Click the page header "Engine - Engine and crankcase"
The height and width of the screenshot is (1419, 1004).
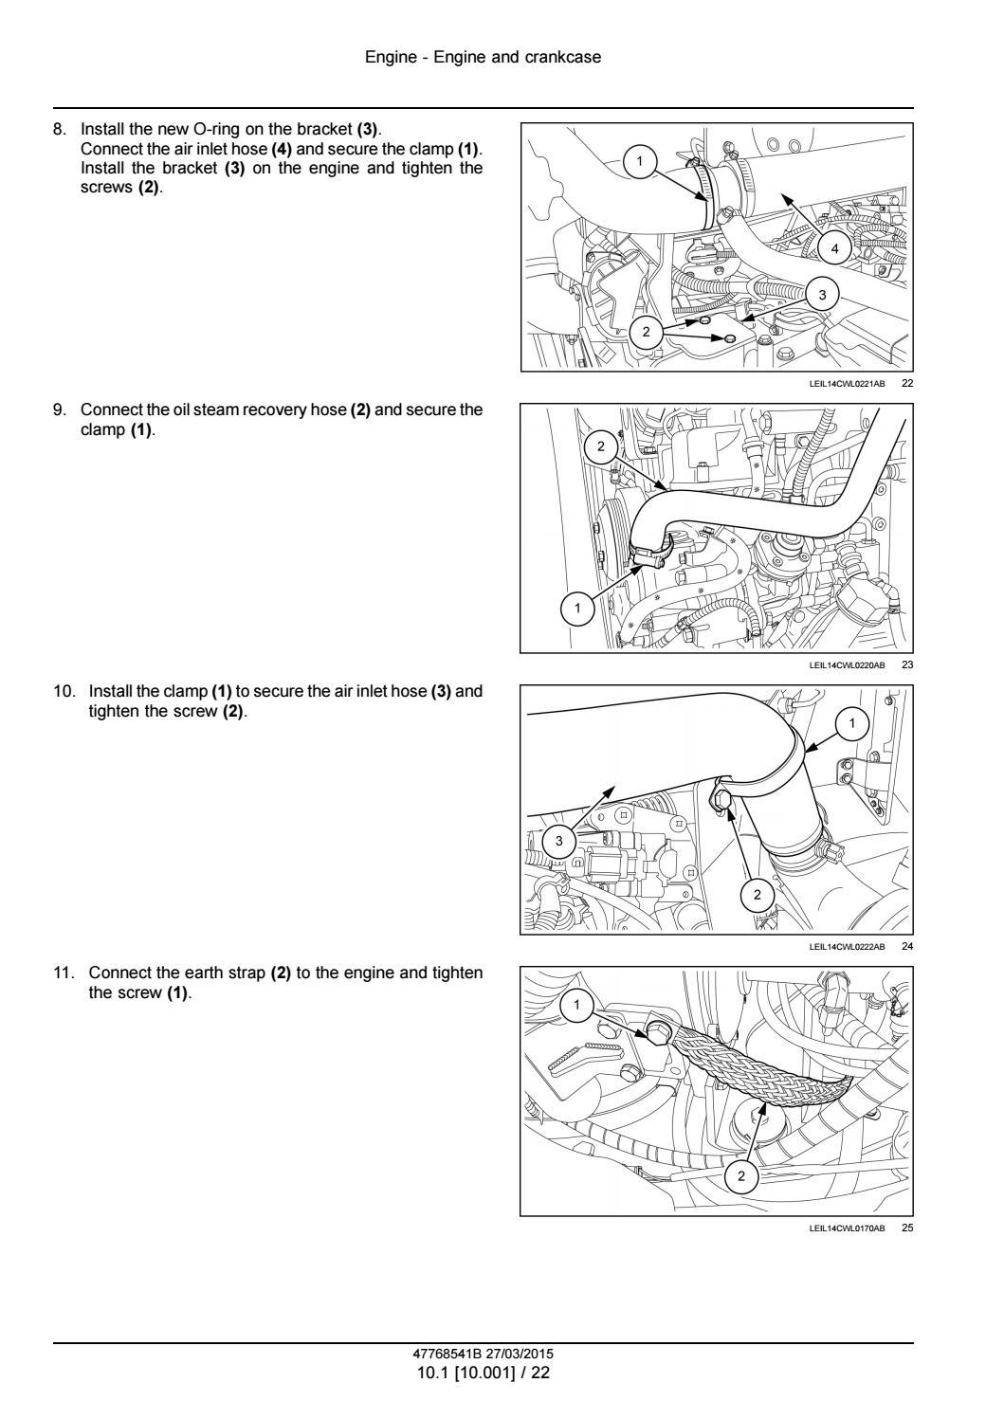coord(483,58)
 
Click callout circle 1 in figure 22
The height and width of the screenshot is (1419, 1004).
coord(639,162)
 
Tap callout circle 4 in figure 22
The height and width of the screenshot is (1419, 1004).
coord(834,249)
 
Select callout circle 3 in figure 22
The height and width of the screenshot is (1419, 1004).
coord(822,295)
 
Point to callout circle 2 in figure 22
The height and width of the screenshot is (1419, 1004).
coord(647,331)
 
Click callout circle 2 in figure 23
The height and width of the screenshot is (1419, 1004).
coord(600,445)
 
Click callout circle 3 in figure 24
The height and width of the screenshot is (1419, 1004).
coord(558,841)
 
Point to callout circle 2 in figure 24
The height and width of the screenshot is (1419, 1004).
coord(757,894)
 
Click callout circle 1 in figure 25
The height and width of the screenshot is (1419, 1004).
coord(578,1005)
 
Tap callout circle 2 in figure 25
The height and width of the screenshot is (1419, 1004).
coord(741,1177)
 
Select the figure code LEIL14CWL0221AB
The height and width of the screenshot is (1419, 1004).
coord(847,384)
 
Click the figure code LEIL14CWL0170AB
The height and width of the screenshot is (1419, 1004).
coord(847,1228)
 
